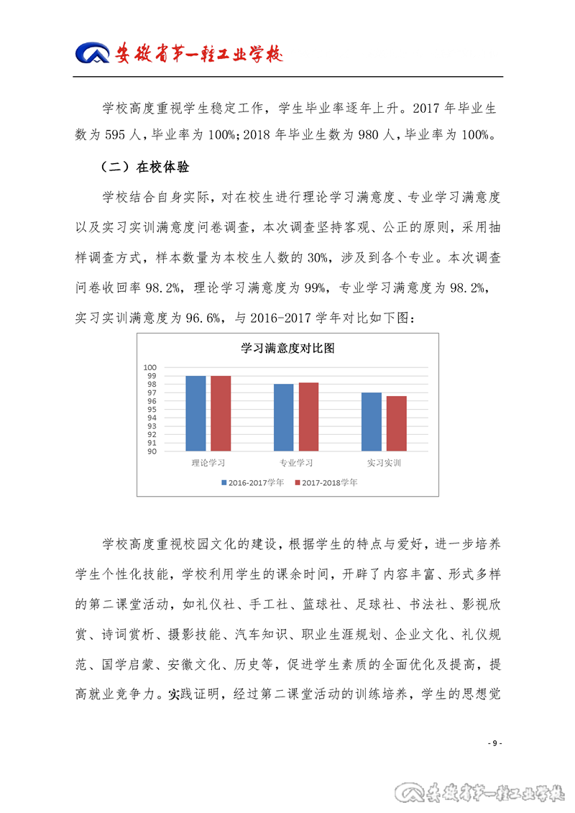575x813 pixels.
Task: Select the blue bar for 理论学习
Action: [195, 413]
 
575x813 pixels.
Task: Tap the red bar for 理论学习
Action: [221, 413]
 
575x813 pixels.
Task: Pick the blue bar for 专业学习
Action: [283, 418]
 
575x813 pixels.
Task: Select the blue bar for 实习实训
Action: [371, 422]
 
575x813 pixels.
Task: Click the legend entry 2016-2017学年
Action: [252, 482]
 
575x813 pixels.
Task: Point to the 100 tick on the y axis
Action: [151, 367]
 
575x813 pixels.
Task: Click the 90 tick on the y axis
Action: [152, 451]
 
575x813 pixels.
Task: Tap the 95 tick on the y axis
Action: [152, 410]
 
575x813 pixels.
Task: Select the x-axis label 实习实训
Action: [384, 463]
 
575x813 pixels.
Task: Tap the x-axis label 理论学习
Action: [208, 463]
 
